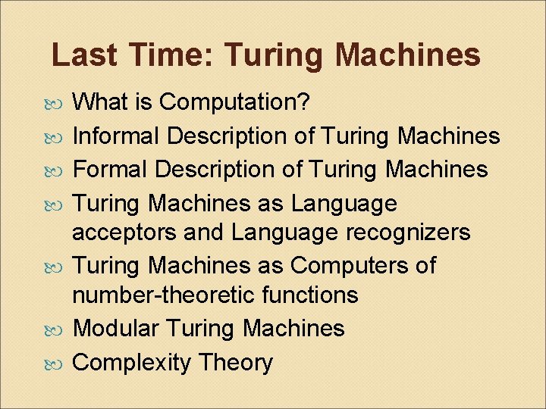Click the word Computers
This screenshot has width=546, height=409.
(352, 266)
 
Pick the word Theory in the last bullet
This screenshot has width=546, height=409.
(235, 363)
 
